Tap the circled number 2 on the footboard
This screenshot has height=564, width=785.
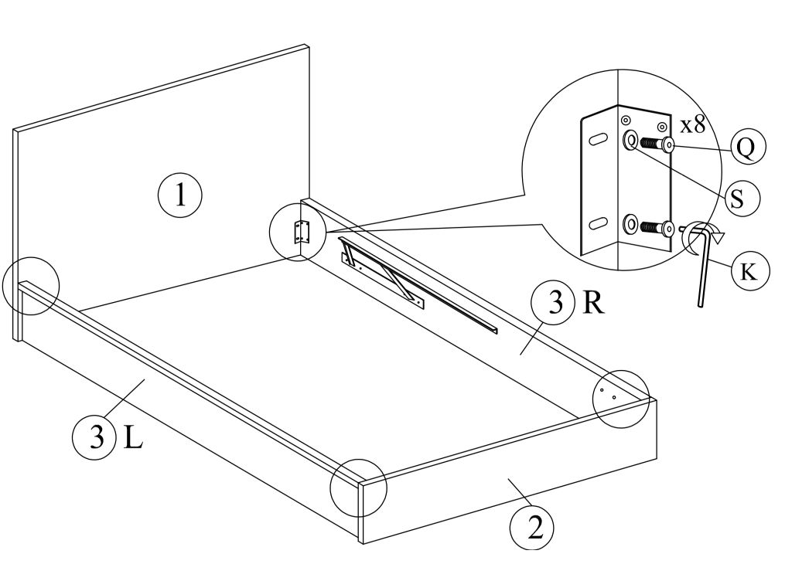point(531,528)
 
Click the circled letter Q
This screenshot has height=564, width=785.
point(745,147)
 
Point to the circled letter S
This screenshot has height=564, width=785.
point(737,199)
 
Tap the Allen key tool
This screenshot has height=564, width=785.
point(701,270)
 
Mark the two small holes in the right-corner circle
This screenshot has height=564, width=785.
point(608,395)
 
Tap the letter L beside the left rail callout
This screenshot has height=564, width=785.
point(132,437)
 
